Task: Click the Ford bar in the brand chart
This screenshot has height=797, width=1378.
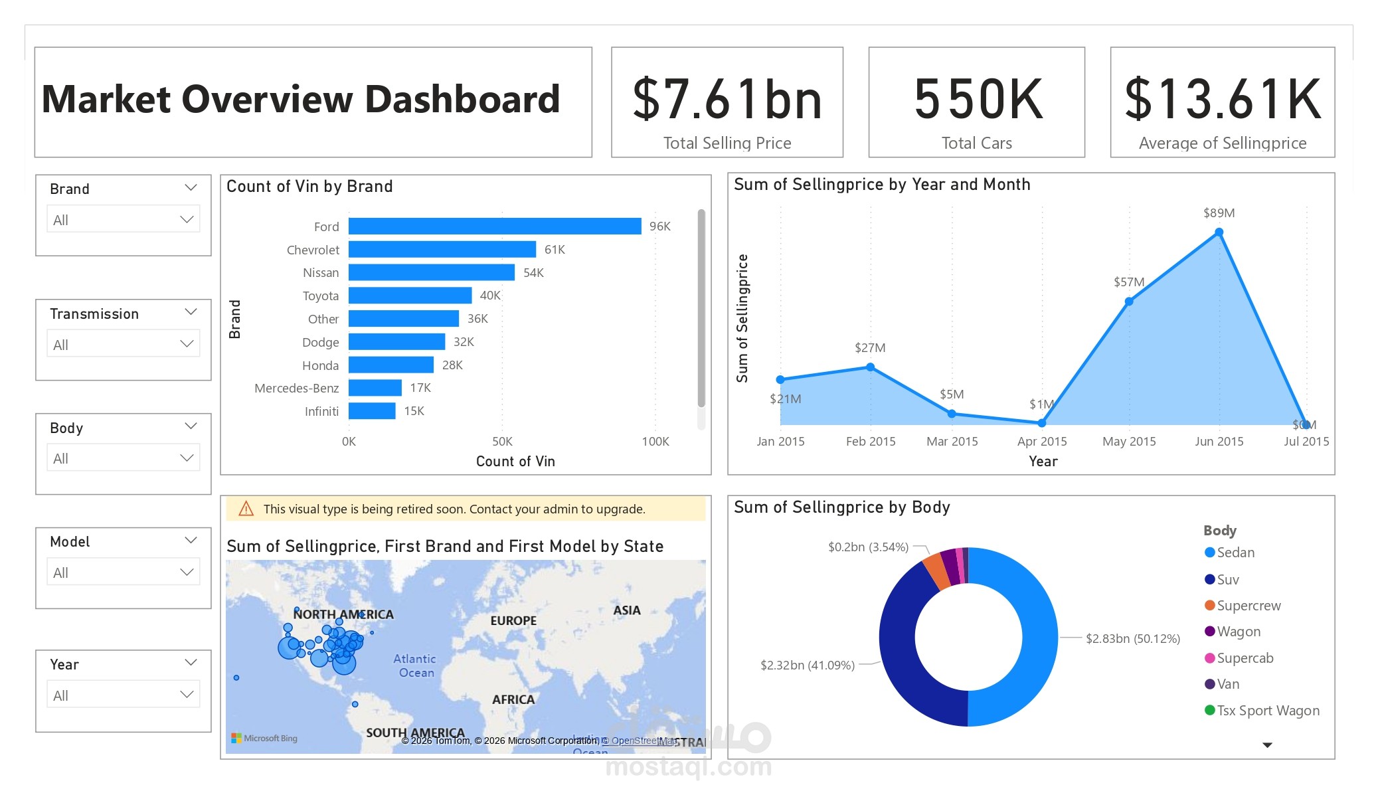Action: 495,226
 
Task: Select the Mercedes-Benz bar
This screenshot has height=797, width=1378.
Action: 375,388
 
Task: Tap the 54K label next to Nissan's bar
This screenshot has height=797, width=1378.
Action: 533,273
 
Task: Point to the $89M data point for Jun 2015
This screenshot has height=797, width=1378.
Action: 1219,232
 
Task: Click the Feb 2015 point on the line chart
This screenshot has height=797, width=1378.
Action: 870,367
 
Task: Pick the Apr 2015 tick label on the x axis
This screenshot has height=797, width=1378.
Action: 1041,442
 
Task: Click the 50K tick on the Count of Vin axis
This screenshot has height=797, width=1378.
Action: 502,442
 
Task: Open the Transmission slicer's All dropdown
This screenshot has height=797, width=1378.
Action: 124,345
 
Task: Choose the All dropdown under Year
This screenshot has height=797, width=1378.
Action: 124,695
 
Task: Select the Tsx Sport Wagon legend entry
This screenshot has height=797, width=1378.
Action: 1267,711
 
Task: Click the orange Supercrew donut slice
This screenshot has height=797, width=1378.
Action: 936,570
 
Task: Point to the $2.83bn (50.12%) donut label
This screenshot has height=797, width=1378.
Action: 1132,639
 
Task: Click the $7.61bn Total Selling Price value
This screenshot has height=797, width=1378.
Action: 727,100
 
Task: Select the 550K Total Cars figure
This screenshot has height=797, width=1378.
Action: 978,100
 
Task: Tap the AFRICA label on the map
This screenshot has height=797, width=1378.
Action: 513,699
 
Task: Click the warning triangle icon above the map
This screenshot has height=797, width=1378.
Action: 246,509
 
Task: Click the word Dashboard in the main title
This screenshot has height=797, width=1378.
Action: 462,100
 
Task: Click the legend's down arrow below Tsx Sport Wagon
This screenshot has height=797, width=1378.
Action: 1266,745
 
